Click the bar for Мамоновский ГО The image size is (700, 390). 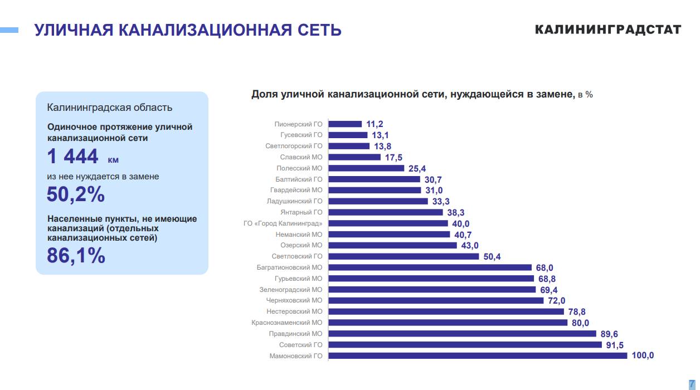(478, 355)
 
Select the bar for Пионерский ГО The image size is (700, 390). (345, 124)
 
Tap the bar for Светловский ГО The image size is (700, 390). (404, 256)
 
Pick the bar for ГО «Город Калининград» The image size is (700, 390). (388, 223)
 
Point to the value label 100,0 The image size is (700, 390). (643, 355)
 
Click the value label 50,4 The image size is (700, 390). (492, 256)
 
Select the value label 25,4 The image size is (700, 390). (417, 168)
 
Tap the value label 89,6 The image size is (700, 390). (609, 334)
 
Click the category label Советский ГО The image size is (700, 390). (301, 345)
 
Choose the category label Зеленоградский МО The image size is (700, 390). (291, 290)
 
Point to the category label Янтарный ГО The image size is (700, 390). (302, 212)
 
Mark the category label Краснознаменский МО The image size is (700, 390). (287, 323)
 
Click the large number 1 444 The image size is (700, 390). (73, 157)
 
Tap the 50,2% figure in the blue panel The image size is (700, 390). (76, 194)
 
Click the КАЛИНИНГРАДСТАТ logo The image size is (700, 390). (608, 30)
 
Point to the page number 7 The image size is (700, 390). (692, 383)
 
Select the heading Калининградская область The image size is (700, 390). (110, 108)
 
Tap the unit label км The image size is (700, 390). (113, 160)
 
